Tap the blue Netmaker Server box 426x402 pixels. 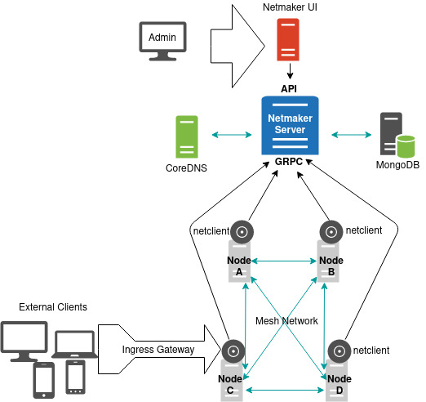[288, 125]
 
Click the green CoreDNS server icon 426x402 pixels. [187, 136]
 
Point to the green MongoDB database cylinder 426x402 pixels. [405, 148]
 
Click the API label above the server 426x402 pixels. [289, 87]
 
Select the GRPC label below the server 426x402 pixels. [289, 163]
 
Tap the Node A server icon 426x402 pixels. [240, 261]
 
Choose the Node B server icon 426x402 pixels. [330, 261]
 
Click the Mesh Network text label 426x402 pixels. [286, 321]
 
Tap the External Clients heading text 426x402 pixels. [52, 307]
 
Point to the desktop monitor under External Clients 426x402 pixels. [25, 342]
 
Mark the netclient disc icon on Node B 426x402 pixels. [331, 231]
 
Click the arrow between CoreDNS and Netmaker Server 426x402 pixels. [229, 134]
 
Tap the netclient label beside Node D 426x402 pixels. [372, 350]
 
